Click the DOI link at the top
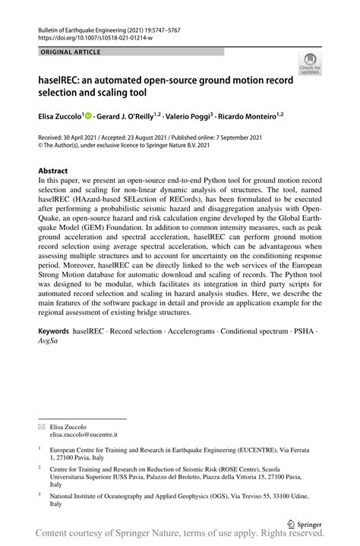(89, 36)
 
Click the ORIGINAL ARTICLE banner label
(71, 52)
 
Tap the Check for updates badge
(309, 65)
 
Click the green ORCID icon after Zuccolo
(88, 116)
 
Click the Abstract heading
(53, 171)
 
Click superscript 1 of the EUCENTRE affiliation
(39, 448)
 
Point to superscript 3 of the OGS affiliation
(39, 494)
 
